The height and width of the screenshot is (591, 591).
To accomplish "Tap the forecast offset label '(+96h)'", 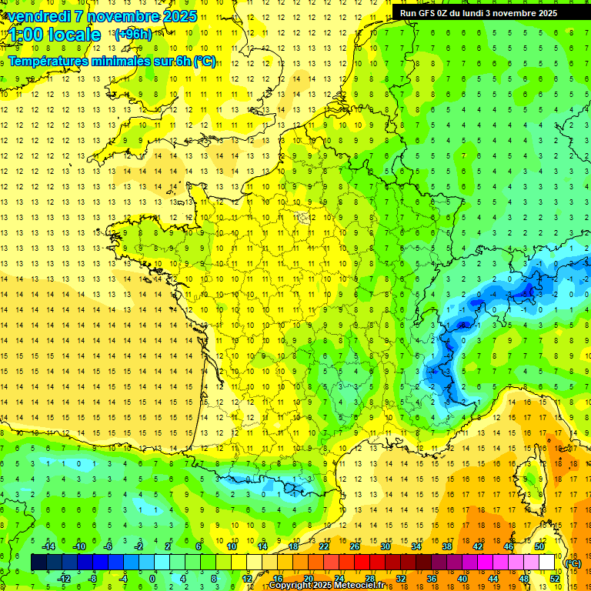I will click(132, 35).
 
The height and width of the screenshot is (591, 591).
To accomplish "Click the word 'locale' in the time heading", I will click(73, 35).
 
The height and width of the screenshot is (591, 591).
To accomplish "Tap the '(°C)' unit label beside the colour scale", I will click(573, 563).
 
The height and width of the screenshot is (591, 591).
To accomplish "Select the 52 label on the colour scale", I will click(555, 578).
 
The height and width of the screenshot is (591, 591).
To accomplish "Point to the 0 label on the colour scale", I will click(153, 578).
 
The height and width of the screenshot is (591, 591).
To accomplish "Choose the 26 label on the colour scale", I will click(355, 546).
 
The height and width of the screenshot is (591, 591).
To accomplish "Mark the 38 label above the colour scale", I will click(447, 546).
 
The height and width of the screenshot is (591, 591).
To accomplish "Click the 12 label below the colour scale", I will click(247, 578).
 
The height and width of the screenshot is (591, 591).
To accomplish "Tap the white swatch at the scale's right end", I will click(547, 563).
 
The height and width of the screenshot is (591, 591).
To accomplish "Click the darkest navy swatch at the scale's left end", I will click(38, 563).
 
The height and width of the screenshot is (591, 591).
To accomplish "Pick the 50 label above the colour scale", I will click(539, 546).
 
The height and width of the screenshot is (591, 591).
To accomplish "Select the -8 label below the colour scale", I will click(93, 578).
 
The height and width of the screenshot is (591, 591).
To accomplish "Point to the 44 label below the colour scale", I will click(493, 578).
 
